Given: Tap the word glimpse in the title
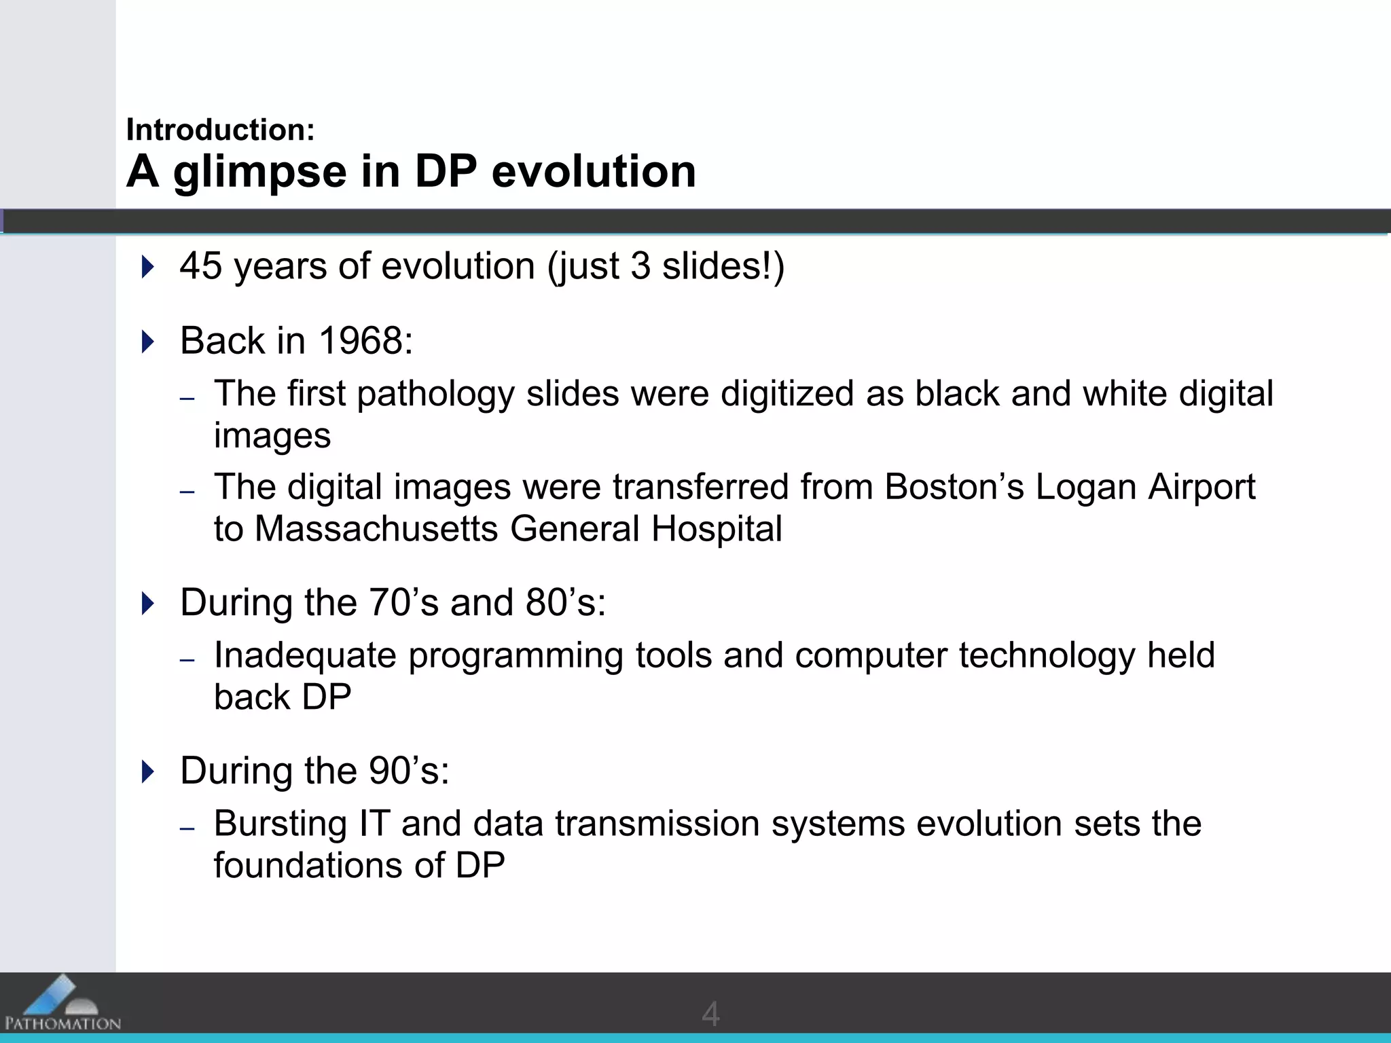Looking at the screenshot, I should coord(260,172).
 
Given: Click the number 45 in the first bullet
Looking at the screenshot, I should coord(201,266).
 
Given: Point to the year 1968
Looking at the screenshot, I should coord(361,340).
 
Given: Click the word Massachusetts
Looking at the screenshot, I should coord(376,528).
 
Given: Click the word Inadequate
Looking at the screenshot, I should coord(305,655).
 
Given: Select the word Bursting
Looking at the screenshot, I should coord(281,824).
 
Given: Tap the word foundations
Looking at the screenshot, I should coord(308,865).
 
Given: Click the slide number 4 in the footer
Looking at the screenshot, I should coord(710,1014).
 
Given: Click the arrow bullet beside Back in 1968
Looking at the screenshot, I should coord(148,341).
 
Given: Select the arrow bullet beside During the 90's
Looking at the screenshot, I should coord(148,771).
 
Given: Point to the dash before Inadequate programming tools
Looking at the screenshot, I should coord(187,659).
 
